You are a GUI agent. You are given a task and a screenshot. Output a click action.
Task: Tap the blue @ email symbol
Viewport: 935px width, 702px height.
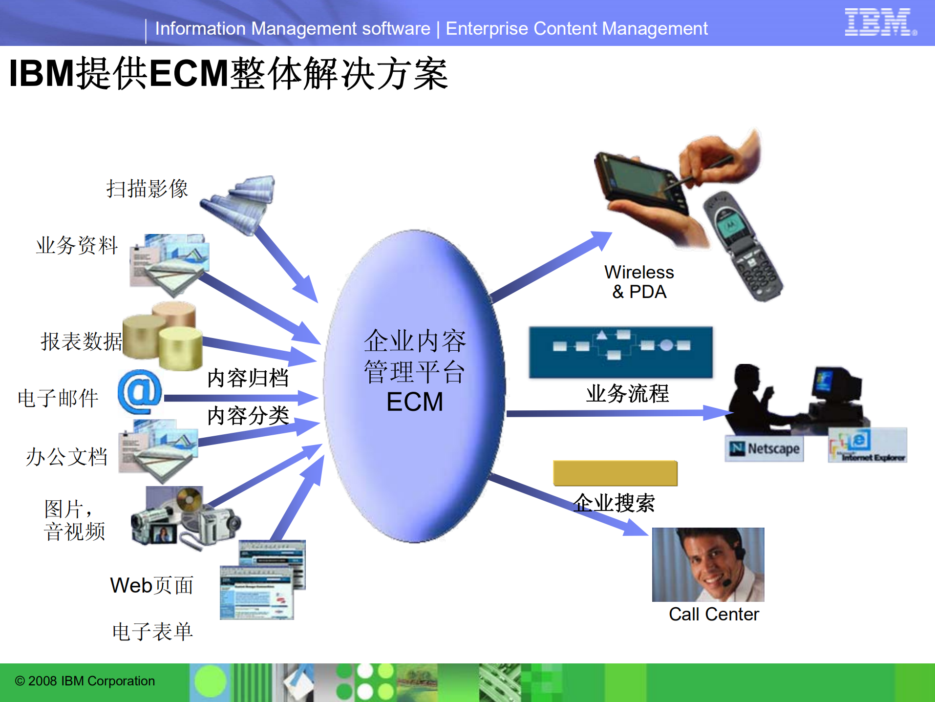140,392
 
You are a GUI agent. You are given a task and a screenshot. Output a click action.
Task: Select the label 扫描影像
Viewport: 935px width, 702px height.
147,189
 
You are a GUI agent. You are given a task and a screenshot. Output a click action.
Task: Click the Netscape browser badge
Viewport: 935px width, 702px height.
765,448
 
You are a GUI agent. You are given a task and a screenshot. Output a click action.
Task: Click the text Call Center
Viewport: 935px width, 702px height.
714,614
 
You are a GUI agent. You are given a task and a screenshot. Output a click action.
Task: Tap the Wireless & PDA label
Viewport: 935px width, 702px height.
639,282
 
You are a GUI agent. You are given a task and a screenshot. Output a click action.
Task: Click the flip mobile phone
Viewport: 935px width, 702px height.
743,247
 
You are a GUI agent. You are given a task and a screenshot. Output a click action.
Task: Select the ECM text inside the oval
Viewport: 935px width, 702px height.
415,402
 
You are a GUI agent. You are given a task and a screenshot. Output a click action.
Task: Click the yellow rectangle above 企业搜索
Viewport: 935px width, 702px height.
615,473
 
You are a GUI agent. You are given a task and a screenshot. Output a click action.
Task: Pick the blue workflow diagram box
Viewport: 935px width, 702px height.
620,352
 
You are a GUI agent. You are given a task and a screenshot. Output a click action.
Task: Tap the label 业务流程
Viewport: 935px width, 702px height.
627,393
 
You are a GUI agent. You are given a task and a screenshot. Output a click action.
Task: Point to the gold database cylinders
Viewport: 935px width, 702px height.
163,337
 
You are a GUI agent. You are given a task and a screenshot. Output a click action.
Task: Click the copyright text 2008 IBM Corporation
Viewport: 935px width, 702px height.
85,681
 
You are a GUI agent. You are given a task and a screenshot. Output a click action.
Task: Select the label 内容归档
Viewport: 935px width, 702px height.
248,378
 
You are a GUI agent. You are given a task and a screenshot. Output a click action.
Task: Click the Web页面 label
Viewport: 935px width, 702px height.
152,585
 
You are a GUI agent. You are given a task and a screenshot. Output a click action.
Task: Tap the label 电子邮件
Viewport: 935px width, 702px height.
58,398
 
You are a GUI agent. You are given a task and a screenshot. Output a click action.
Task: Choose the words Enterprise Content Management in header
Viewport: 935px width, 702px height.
576,29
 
